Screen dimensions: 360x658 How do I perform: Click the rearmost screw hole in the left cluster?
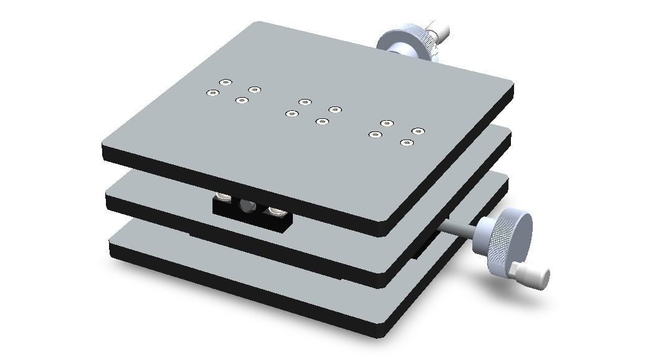(x=226, y=82)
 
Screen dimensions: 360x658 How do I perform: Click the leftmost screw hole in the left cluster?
(x=212, y=93)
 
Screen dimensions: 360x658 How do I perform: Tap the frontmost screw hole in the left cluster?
(x=241, y=100)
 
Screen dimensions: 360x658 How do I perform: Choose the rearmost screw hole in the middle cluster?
(x=304, y=102)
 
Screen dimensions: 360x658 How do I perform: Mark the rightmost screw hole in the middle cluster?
(x=335, y=110)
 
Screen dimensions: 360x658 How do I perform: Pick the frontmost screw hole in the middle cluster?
(x=322, y=121)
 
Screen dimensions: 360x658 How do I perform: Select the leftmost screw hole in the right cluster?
(x=374, y=134)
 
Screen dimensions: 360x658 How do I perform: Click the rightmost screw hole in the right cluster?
(x=418, y=131)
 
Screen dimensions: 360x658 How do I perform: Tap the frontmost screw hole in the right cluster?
(x=406, y=143)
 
